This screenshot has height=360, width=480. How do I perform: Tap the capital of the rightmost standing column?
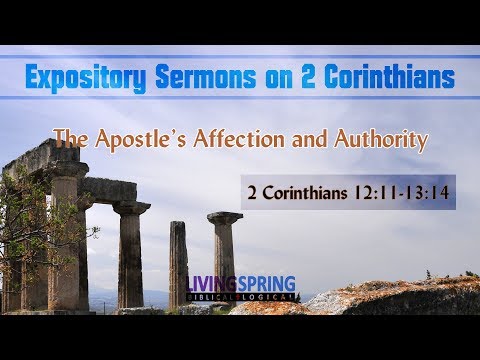[x=224, y=218]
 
